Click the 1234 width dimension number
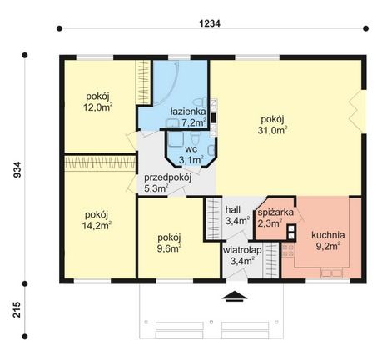coord(210,23)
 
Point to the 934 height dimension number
coord(17,169)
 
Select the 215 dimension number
coord(17,309)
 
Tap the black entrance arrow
coord(235,296)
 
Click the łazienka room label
coord(188,112)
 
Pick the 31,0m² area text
coord(272,130)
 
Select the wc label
coord(191,149)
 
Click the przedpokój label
coord(167,177)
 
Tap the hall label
coord(233,209)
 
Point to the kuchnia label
coord(328,235)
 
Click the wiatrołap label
coord(242,250)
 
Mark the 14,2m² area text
coord(97,225)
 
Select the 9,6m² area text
coord(169,248)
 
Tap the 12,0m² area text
coord(97,107)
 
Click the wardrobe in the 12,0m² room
coord(143,82)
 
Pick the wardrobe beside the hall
coord(214,218)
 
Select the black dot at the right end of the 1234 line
coord(366,28)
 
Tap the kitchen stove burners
coord(288,250)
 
